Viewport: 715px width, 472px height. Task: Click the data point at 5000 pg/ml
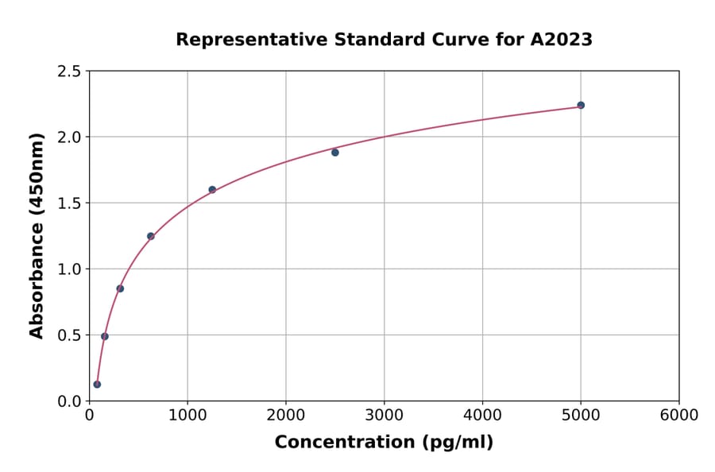pos(581,105)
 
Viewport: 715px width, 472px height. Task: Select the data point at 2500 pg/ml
pos(335,153)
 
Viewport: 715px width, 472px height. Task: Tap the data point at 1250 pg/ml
pos(212,189)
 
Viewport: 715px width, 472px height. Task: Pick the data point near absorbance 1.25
pos(150,236)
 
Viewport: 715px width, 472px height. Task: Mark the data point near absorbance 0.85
pos(120,288)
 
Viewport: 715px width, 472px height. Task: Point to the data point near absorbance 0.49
pos(105,336)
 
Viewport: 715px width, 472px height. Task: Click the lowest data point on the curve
pos(97,385)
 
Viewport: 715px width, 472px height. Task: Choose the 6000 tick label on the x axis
pos(678,416)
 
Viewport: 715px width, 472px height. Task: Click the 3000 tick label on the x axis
pos(384,416)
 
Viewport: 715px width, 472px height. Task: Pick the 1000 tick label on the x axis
pos(187,416)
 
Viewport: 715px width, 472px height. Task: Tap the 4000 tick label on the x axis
pos(482,416)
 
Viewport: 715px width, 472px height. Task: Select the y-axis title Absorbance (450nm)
pos(37,235)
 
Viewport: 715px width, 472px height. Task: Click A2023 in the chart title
pos(561,39)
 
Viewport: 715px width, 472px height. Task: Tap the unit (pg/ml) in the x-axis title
pos(458,443)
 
